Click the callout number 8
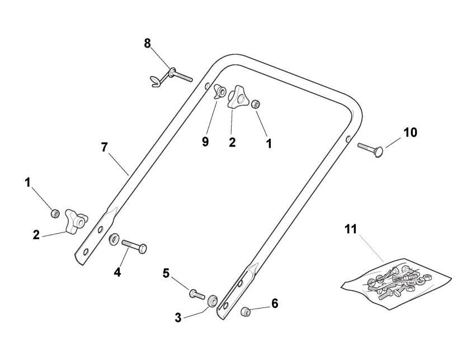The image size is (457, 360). pyautogui.click(x=148, y=43)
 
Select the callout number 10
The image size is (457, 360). pyautogui.click(x=410, y=132)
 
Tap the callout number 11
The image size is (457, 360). pyautogui.click(x=350, y=229)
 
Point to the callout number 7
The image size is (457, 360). pyautogui.click(x=104, y=148)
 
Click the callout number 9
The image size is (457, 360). pyautogui.click(x=205, y=141)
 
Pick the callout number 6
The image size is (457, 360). pyautogui.click(x=274, y=304)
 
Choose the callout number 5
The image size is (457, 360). pyautogui.click(x=166, y=273)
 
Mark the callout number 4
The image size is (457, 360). pyautogui.click(x=117, y=273)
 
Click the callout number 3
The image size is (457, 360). pyautogui.click(x=178, y=318)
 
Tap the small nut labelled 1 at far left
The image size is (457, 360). pyautogui.click(x=55, y=212)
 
